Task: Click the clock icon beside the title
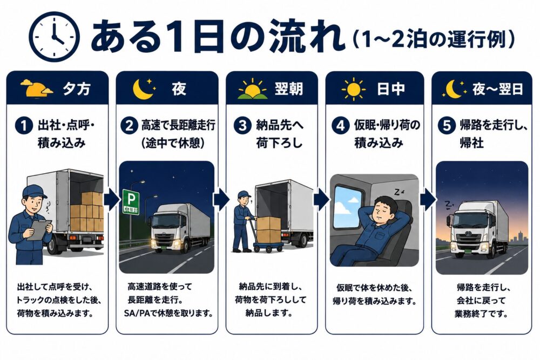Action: click(x=54, y=37)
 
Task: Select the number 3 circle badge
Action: click(x=242, y=125)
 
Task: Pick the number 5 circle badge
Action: click(x=447, y=125)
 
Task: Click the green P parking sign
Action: click(x=131, y=202)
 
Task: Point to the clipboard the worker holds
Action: click(x=39, y=230)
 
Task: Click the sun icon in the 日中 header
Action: click(x=354, y=90)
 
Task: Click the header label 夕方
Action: click(x=77, y=89)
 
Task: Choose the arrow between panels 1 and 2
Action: click(x=112, y=199)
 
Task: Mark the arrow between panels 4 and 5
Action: click(x=428, y=199)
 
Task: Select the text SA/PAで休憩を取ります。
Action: click(x=168, y=314)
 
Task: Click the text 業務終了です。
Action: click(x=481, y=314)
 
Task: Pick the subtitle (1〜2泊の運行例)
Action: click(x=434, y=39)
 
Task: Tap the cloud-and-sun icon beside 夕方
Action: click(x=36, y=88)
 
